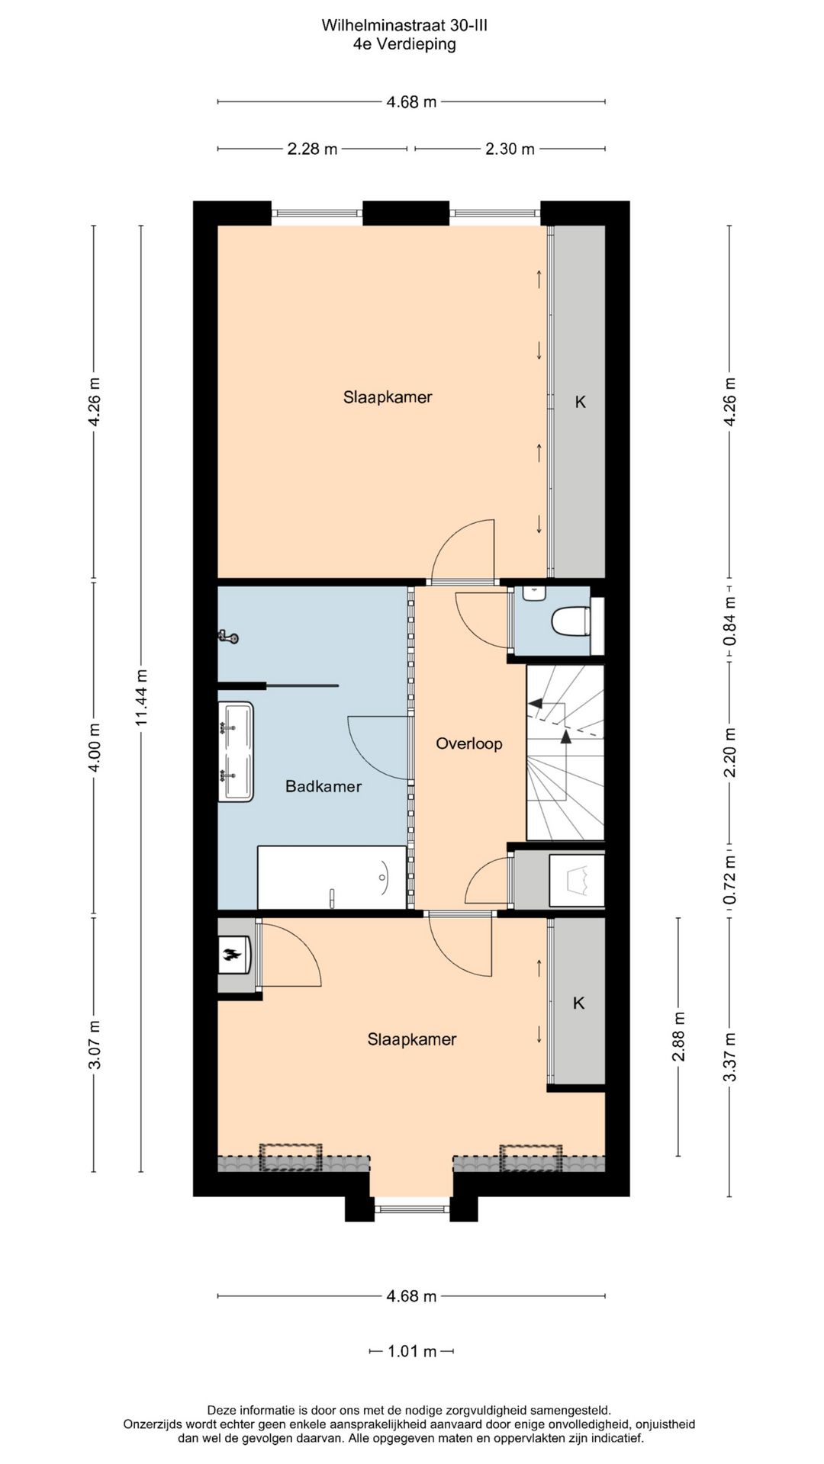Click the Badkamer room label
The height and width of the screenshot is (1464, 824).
(x=323, y=786)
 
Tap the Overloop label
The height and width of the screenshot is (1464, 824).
(x=469, y=743)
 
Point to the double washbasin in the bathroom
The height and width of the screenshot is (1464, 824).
(x=236, y=752)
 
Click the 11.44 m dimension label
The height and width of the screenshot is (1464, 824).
(x=142, y=698)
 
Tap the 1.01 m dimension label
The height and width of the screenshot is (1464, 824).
(x=412, y=1352)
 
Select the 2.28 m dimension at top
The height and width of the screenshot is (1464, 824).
(x=312, y=149)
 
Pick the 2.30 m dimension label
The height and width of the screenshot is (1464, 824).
(x=510, y=149)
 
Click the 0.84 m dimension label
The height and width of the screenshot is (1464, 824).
(x=730, y=619)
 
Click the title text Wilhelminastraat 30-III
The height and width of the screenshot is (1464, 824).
(x=404, y=26)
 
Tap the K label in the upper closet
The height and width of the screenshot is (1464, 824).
(x=580, y=402)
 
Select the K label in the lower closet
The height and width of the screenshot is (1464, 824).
(x=578, y=1003)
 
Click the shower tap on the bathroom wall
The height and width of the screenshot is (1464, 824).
(x=227, y=636)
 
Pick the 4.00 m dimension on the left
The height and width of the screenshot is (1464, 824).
(x=95, y=747)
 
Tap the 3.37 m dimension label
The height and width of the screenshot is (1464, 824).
(x=730, y=1056)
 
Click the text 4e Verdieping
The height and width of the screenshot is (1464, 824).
(x=404, y=44)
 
